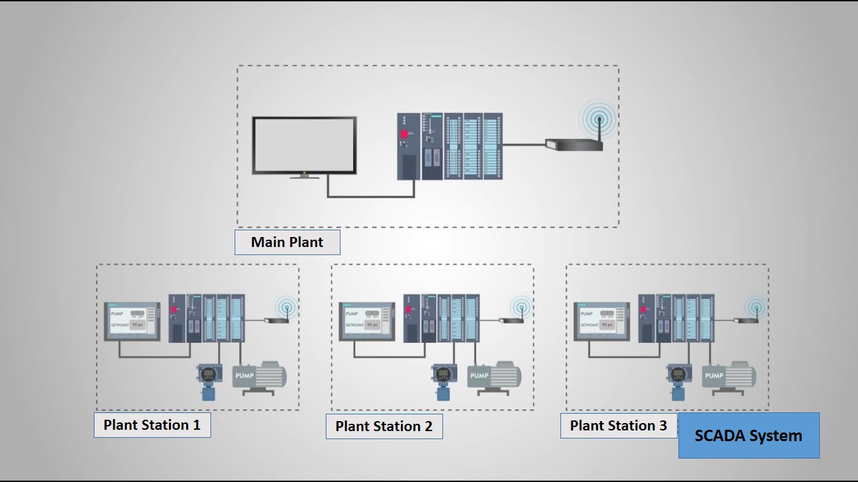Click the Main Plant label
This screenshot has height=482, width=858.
287,242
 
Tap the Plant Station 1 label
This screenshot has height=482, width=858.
152,425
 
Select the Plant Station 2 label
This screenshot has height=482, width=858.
384,426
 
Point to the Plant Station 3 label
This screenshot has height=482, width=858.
618,426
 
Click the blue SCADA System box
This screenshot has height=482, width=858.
748,436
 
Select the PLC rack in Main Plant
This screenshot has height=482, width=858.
450,146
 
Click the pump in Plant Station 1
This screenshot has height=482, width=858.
259,377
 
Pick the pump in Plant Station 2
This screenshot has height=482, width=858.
494,377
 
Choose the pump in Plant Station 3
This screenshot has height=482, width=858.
729,377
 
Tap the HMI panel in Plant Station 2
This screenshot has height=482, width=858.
367,321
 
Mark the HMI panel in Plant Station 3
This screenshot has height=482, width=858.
602,321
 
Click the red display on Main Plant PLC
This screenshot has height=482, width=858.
405,134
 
